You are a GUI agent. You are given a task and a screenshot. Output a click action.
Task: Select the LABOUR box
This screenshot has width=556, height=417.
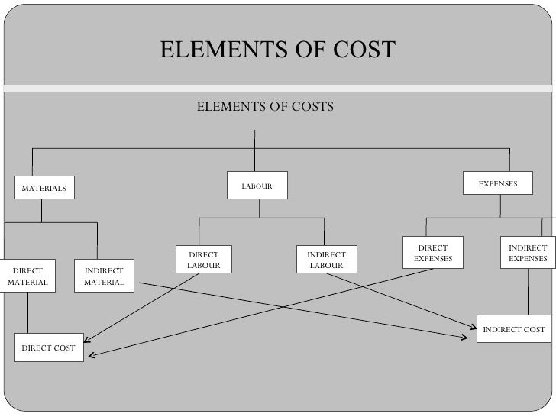coord(257,186)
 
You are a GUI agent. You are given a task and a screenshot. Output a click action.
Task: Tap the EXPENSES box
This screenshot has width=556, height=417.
coord(498,184)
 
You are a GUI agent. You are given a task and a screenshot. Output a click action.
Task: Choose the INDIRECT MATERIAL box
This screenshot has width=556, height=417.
coord(104,276)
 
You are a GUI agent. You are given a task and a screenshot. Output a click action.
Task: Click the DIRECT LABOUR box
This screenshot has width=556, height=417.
coord(203,259)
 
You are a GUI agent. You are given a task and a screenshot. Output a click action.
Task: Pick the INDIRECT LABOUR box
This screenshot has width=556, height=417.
coord(326,259)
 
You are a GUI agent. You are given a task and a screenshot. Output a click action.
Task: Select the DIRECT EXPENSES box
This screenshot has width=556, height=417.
coord(433,253)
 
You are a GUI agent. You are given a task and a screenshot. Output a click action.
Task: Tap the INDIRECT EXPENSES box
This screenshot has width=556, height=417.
coord(527,253)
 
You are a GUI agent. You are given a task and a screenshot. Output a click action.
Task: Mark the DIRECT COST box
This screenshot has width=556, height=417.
coord(48,347)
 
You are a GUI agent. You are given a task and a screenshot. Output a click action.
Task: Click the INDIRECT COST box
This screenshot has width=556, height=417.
coord(513,329)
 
